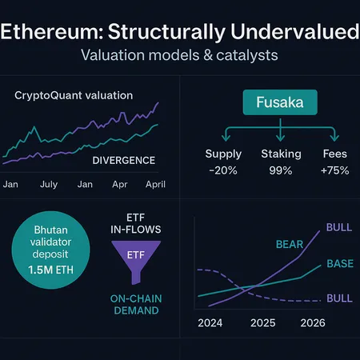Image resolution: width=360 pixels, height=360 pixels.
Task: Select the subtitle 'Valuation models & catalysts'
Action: pos(179,58)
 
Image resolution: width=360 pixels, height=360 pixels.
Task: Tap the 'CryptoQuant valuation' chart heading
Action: pos(74,95)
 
